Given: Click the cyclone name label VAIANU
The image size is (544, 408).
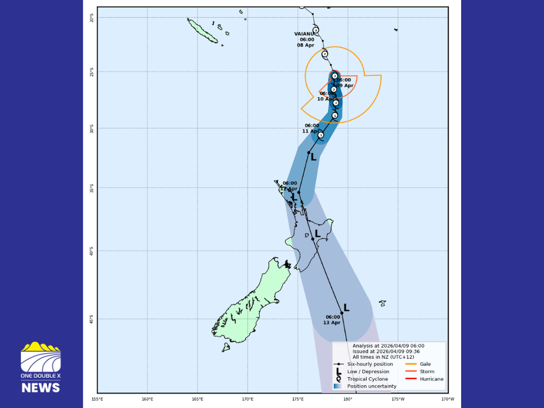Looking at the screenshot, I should [304, 33].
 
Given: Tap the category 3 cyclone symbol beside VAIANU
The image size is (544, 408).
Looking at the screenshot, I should [316, 30].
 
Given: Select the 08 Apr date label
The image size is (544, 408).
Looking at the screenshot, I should [305, 45].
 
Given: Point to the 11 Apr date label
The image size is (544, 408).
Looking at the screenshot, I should [311, 131].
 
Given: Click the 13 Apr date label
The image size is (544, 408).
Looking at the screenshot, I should [332, 323].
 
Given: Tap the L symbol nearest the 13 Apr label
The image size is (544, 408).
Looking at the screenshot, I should [346, 308].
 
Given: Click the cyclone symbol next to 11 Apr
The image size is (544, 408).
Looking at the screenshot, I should [321, 135].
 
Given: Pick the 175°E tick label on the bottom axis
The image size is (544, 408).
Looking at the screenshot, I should [297, 399].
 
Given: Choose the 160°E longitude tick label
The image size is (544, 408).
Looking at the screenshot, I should [147, 399].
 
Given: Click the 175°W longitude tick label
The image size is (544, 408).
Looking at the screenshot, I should [398, 399].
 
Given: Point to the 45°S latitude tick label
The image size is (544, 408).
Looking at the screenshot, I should [91, 319].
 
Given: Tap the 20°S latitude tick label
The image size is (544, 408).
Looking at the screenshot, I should [91, 17].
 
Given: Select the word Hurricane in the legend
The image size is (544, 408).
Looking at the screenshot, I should [431, 379].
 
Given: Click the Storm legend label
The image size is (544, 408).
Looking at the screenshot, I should [427, 371].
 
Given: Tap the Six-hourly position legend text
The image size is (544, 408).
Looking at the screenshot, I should [370, 364].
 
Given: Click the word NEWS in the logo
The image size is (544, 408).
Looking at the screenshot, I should [40, 387].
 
